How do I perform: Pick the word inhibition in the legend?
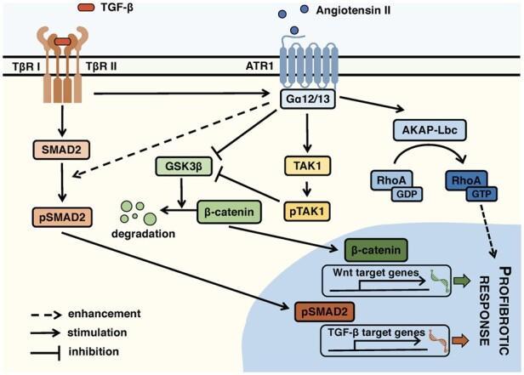pyautogui.click(x=95, y=350)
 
